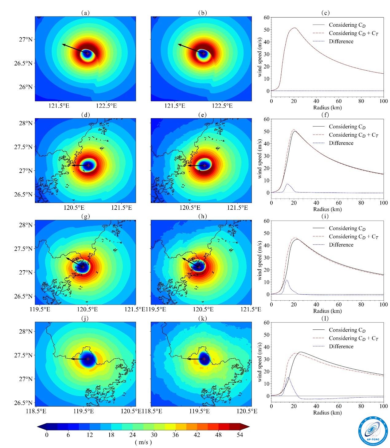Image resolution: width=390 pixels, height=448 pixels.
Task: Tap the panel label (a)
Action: pyautogui.click(x=85, y=13)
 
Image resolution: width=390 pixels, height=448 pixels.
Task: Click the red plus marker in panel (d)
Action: pyautogui.click(x=89, y=165)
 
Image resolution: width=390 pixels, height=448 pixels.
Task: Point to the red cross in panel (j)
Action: pyautogui.click(x=88, y=359)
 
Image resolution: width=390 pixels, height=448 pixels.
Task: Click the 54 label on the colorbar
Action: pyautogui.click(x=240, y=435)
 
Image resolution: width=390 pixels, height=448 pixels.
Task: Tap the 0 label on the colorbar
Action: pyautogui.click(x=46, y=435)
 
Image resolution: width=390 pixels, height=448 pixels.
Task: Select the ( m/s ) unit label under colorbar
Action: pyautogui.click(x=143, y=442)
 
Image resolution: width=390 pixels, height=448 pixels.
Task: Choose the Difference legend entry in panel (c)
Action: pyautogui.click(x=341, y=41)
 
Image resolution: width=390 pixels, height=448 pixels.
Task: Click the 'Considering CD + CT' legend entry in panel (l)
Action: pyautogui.click(x=353, y=338)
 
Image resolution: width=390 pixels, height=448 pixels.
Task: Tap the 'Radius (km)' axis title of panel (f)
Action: pyautogui.click(x=327, y=209)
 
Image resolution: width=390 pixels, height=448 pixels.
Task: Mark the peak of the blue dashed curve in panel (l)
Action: pyautogui.click(x=288, y=378)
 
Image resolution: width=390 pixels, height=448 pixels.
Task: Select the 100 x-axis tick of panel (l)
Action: pyautogui.click(x=384, y=406)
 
